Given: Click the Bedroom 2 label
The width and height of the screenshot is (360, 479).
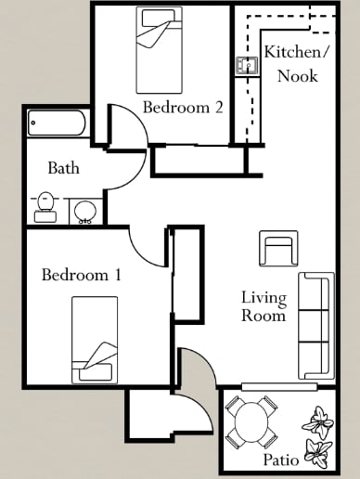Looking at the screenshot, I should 183,108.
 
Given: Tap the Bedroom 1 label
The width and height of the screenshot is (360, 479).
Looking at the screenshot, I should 82,275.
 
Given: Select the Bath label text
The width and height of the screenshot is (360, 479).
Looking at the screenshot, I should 63,169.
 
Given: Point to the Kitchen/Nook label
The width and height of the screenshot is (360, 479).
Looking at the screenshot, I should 296,63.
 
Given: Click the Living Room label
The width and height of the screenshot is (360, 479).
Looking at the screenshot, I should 264,306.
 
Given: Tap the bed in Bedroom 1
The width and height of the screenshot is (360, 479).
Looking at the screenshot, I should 95,340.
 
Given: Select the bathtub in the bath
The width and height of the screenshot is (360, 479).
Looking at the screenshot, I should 57,123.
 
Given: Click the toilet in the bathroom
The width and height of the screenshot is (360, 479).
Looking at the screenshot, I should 45,207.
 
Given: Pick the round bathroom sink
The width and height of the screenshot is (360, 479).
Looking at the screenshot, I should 85,211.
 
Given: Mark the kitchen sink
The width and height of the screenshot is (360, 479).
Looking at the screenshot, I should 246,66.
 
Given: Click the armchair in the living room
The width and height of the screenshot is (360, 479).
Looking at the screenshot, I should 278,251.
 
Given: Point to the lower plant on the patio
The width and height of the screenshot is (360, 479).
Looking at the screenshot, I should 318,454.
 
